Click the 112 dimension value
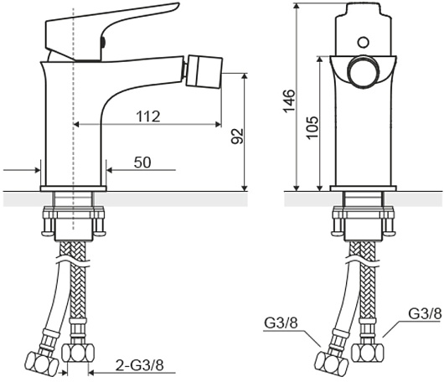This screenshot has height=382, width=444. pyautogui.click(x=148, y=116)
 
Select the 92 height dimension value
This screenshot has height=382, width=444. pyautogui.click(x=237, y=137)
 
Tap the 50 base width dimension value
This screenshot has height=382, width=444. pyautogui.click(x=142, y=163)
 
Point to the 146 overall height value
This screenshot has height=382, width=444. pyautogui.click(x=289, y=101)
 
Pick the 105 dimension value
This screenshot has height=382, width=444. pyautogui.click(x=312, y=127)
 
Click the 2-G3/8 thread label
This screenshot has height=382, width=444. pyautogui.click(x=140, y=365)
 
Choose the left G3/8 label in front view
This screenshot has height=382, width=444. pyautogui.click(x=281, y=323)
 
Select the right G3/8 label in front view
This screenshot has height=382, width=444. pyautogui.click(x=425, y=314)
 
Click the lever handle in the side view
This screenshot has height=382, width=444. pyautogui.click(x=107, y=31)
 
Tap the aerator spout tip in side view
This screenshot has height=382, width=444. pyautogui.click(x=204, y=71)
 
